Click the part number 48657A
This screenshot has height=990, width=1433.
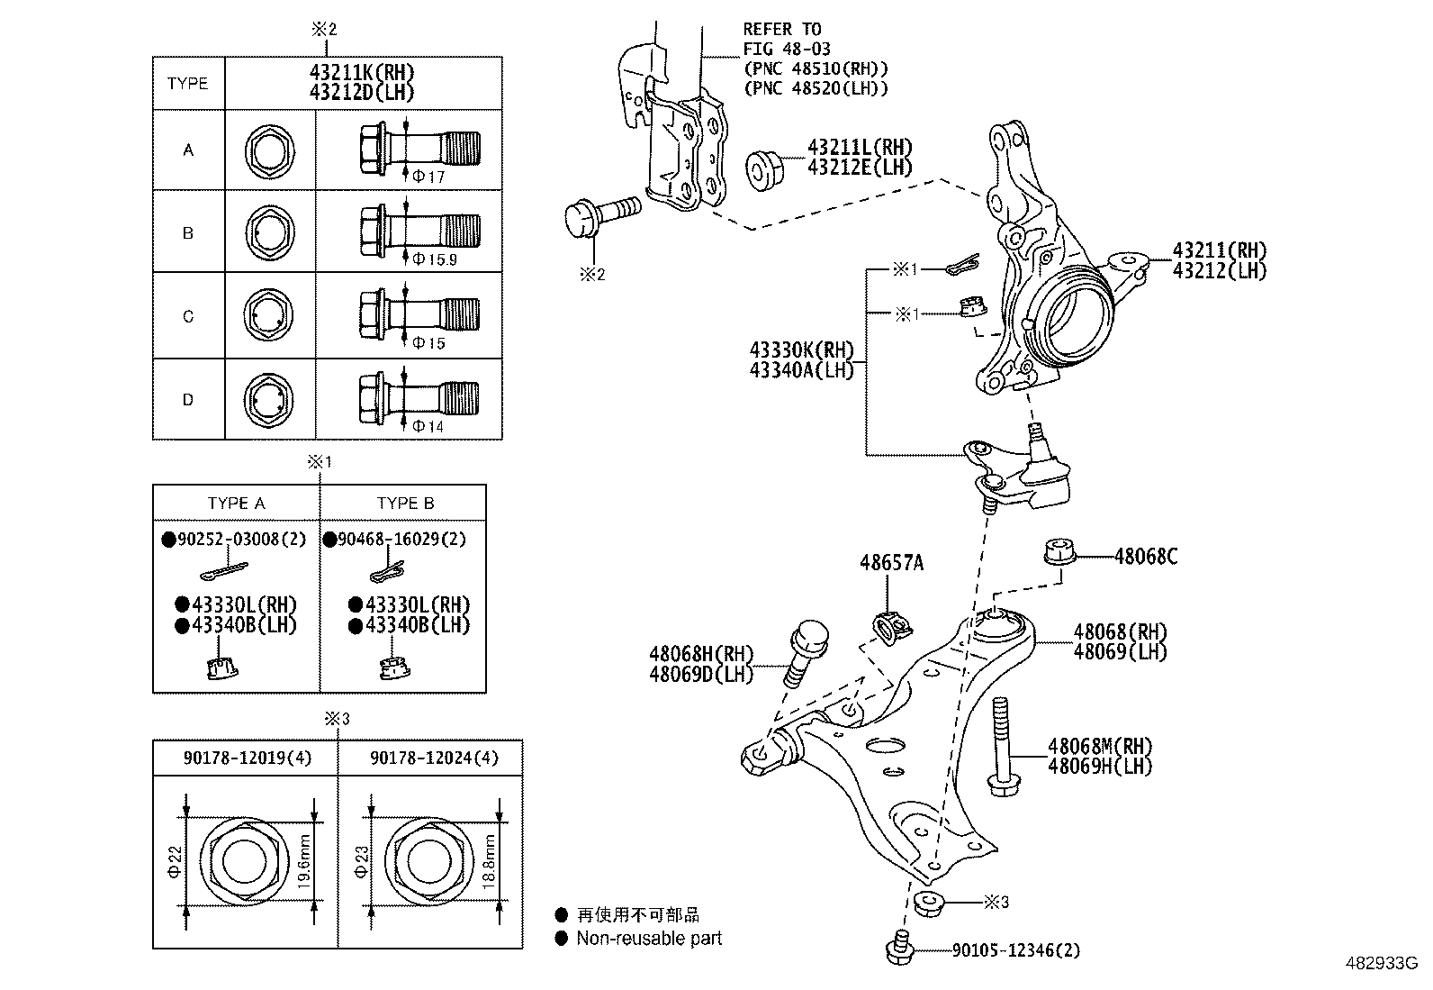pos(891,563)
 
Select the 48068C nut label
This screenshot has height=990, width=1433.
pos(1145,557)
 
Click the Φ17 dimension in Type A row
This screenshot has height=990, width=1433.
pos(428,177)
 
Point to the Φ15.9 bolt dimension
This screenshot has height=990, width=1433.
pos(435,259)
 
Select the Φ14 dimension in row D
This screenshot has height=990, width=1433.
pos(428,426)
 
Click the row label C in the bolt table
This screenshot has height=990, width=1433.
pos(188,316)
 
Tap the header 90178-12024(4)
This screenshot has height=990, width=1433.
pos(433,758)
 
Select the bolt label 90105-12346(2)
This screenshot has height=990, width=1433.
pos(1015,949)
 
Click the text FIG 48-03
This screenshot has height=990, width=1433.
pos(787,49)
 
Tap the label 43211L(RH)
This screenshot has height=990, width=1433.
pos(860,147)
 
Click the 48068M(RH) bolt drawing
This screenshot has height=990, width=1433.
pos(1000,748)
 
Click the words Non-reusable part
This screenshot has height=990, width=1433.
pos(649,939)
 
